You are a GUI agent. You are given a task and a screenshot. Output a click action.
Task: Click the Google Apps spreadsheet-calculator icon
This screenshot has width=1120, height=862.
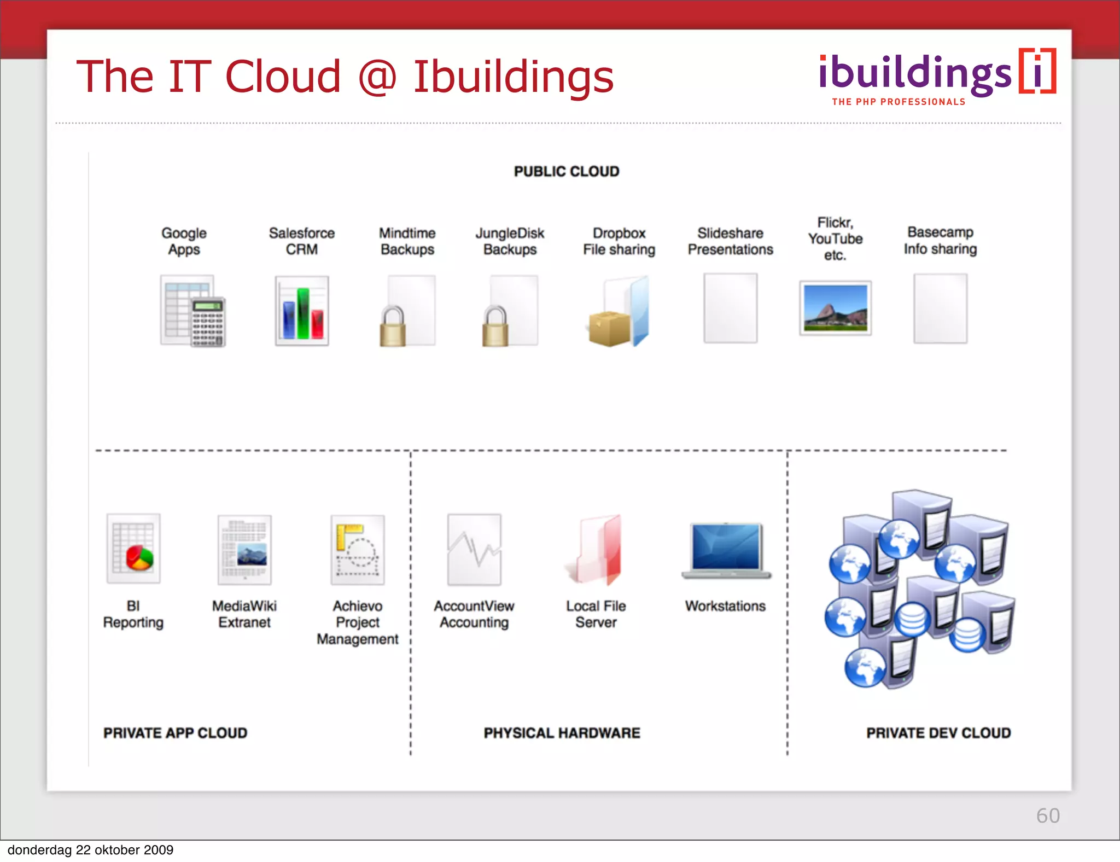point(192,311)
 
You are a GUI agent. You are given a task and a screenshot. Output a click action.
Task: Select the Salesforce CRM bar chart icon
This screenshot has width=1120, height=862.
point(302,311)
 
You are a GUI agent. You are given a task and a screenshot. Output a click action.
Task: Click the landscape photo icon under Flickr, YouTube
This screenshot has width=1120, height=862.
point(835,308)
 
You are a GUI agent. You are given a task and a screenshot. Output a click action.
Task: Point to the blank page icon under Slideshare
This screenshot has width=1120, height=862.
point(730,308)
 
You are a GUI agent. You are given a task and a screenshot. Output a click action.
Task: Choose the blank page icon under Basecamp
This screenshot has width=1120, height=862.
point(940,308)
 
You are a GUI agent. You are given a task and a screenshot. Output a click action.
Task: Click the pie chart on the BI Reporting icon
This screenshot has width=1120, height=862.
point(139,557)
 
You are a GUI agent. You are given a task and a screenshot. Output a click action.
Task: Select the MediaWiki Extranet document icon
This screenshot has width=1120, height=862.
point(244,550)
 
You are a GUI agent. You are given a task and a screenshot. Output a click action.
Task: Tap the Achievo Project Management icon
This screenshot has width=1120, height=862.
point(358,550)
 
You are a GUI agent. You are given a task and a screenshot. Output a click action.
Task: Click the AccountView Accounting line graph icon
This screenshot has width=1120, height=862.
point(474,550)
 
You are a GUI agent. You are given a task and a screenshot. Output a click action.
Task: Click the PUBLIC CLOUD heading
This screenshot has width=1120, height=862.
point(567,172)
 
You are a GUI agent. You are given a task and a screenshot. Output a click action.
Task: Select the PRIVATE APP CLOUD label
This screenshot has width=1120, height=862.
point(175,733)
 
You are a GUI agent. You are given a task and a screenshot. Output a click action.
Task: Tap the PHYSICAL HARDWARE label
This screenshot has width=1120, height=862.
point(562,733)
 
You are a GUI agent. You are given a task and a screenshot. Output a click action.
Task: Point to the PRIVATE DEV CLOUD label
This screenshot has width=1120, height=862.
point(938,733)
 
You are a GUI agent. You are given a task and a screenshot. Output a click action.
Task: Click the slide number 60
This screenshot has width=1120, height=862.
point(1048,816)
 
